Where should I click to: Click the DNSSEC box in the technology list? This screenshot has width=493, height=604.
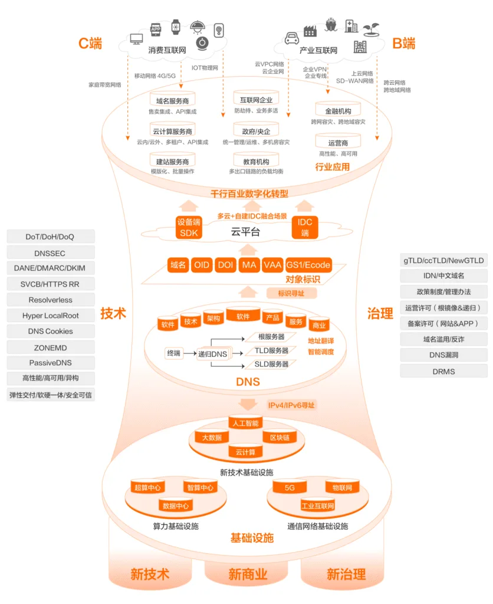(50, 252)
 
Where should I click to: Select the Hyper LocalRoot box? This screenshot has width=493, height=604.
(50, 316)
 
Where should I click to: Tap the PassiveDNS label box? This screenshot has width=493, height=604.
(50, 363)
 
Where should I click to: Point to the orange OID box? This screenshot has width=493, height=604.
(202, 265)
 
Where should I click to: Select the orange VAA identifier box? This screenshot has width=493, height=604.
(272, 265)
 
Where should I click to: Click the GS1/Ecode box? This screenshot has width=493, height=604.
(308, 265)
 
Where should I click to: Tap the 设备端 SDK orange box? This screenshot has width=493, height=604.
(189, 227)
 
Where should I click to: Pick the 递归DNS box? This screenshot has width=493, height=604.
(212, 353)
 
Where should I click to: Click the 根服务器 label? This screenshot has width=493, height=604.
(271, 336)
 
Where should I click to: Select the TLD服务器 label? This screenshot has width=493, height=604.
(271, 350)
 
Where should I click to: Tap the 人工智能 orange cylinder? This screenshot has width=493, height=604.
(245, 424)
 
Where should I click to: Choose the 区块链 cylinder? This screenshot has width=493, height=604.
(279, 438)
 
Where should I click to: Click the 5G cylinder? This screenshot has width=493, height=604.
(290, 488)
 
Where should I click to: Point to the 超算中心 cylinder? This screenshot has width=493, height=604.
(147, 488)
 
